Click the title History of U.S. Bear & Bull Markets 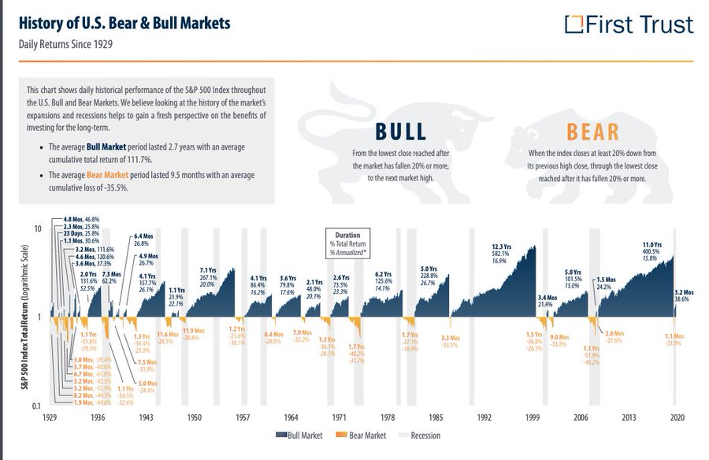coord(124,22)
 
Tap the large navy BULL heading coord(400,132)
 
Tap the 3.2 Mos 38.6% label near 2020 coord(681,295)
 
